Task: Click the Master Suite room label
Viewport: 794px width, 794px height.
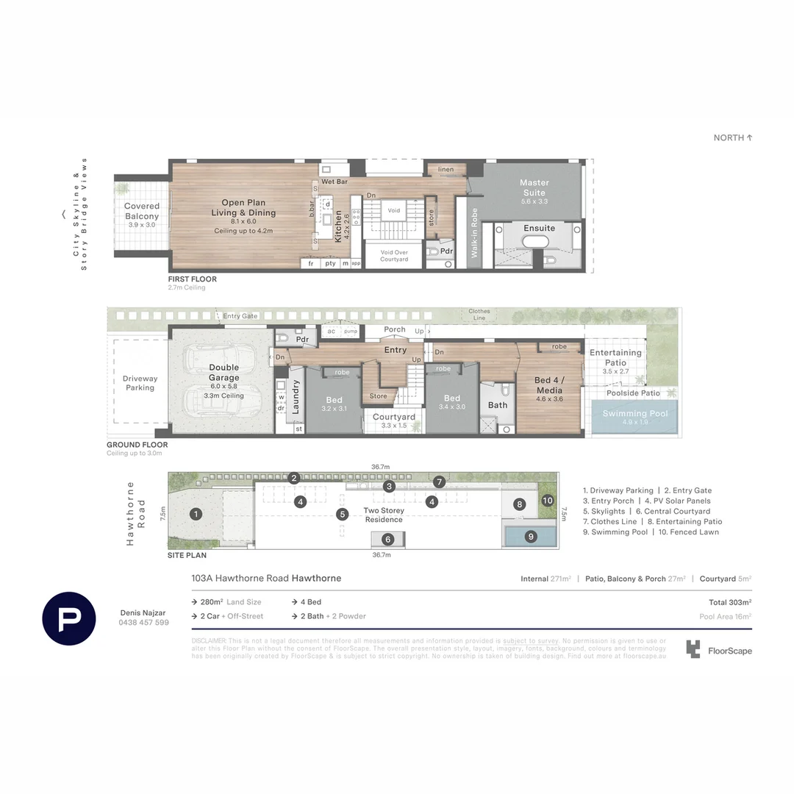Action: [534, 187]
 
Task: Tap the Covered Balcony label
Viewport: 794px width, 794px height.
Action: [142, 212]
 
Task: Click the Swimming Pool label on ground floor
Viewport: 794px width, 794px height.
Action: [635, 414]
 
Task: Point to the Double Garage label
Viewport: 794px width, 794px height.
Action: [223, 373]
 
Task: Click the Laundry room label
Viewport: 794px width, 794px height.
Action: [296, 397]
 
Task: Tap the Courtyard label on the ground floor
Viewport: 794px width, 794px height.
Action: [394, 417]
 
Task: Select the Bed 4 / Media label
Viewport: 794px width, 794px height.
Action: [549, 385]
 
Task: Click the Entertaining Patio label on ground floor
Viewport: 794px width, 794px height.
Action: [615, 357]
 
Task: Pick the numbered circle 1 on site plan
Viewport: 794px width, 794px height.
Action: [196, 514]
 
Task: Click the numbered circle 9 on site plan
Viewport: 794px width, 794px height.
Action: [531, 537]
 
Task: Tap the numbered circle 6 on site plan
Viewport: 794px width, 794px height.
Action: [388, 539]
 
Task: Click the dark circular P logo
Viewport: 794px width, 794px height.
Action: [69, 618]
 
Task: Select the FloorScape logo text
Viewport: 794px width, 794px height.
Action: [729, 651]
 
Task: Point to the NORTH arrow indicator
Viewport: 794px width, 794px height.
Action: [733, 137]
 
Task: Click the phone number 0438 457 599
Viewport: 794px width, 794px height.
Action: [144, 623]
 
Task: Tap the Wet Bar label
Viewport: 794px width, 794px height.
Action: [334, 181]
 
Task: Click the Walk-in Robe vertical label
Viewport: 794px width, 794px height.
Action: [475, 232]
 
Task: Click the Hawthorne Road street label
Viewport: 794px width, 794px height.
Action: [136, 513]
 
